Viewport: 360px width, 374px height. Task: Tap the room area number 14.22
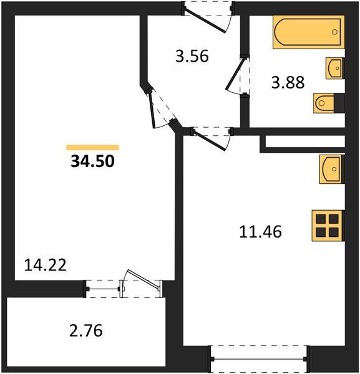pos(46,264)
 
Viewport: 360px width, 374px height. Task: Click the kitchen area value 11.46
pos(261,232)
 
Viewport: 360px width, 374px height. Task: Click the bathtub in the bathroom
pos(308,32)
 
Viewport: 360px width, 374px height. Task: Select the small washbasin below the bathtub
pos(334,67)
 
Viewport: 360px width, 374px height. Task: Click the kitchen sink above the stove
pos(331,168)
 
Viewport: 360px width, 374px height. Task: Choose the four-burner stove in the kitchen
pos(328,225)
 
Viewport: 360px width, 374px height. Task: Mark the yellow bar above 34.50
pos(92,148)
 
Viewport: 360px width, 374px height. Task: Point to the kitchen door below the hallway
pos(211,137)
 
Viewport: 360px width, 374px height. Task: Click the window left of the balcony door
pos(102,288)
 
